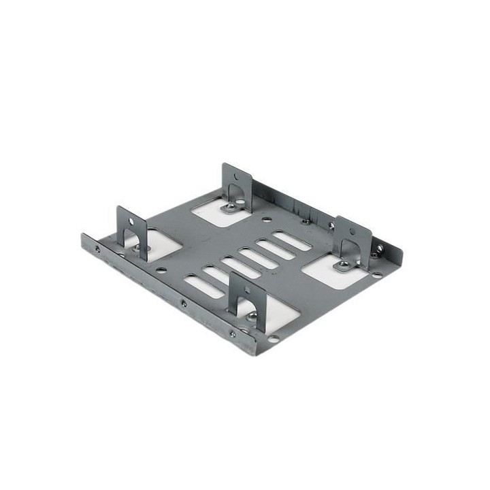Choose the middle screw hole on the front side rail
[183, 304]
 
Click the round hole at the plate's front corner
[273, 338]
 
